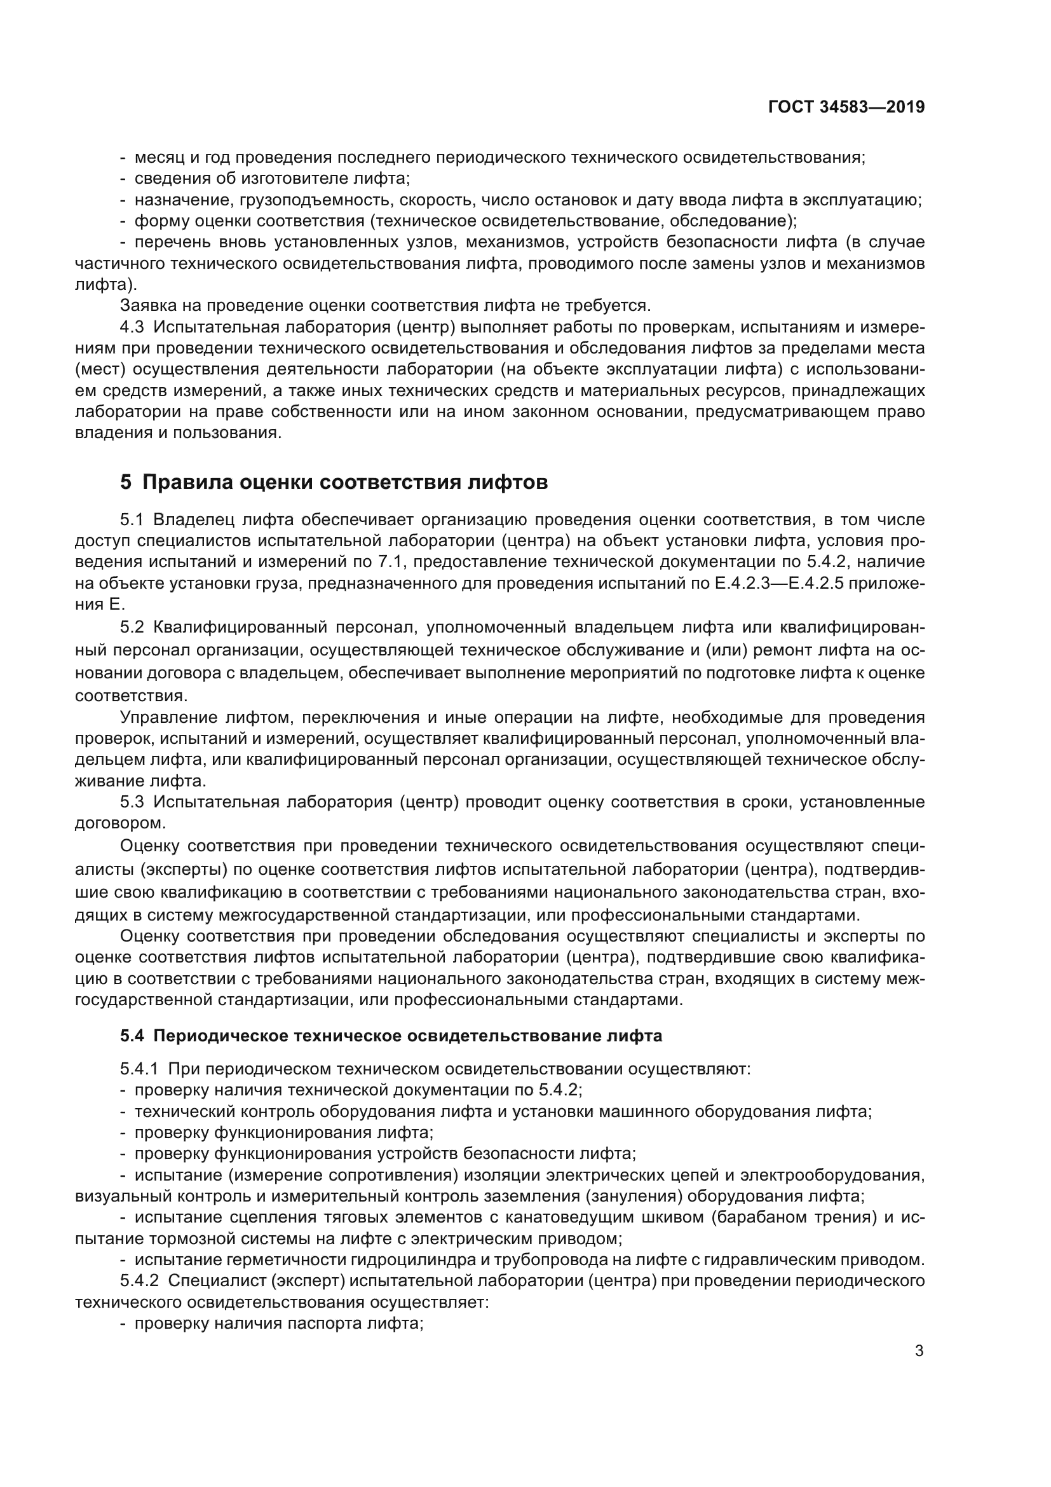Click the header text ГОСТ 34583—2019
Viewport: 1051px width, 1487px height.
tap(846, 107)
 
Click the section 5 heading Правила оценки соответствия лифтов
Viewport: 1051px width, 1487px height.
tap(334, 483)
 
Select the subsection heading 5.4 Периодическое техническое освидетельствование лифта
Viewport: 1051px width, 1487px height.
tap(391, 1036)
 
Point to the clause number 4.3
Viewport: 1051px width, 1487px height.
tap(132, 327)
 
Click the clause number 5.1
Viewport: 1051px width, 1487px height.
tap(132, 519)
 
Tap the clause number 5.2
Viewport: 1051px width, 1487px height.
tap(132, 627)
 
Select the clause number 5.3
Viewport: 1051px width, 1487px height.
tap(132, 802)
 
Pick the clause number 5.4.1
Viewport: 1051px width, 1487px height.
tap(139, 1069)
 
